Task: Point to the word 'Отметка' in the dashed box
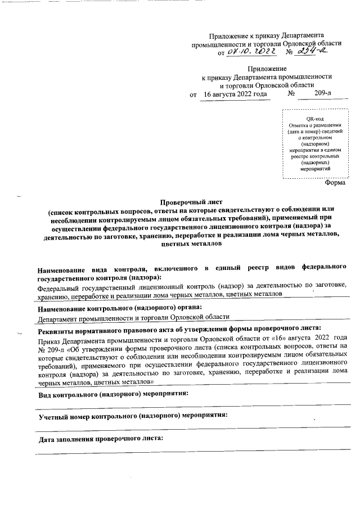click(x=299, y=125)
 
